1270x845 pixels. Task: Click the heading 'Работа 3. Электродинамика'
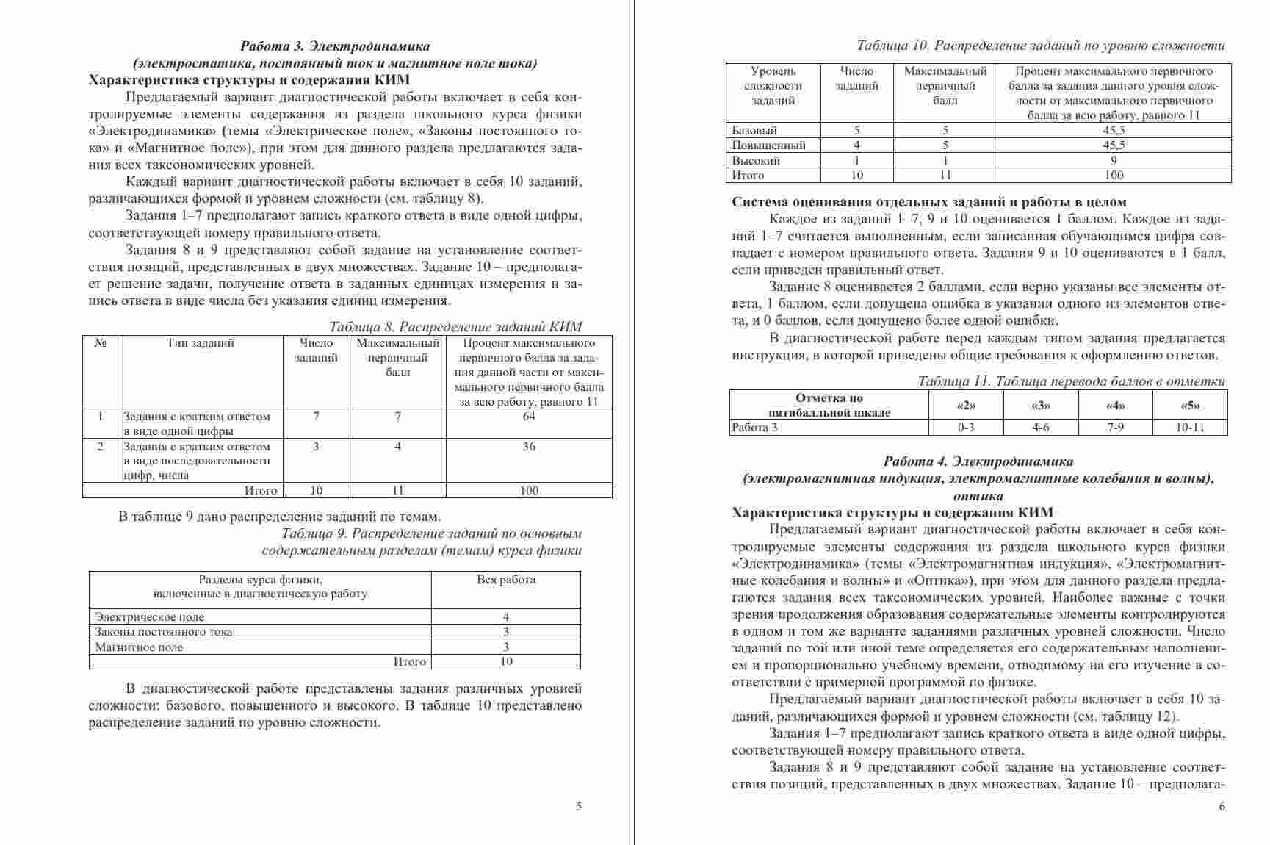pos(335,46)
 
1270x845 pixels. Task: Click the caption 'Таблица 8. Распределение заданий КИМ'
pos(455,327)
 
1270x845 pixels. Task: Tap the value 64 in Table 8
pos(529,417)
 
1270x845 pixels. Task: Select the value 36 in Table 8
pos(529,447)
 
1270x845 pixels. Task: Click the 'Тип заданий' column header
pos(201,343)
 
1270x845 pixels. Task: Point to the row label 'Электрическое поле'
pos(150,617)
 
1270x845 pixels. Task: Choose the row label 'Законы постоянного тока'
pos(164,632)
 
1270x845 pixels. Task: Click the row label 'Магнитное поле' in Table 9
pos(140,647)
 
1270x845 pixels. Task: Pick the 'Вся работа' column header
pos(505,580)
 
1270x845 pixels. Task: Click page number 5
pos(579,806)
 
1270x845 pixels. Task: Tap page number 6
pos(1222,806)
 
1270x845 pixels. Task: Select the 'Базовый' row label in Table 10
pos(754,130)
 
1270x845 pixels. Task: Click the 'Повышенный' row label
pos(768,145)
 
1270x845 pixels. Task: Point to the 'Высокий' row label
pos(756,160)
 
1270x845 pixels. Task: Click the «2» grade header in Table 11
pos(966,405)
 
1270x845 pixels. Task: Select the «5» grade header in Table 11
pos(1190,405)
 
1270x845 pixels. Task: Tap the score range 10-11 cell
pos(1190,428)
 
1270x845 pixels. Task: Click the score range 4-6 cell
pos(1041,428)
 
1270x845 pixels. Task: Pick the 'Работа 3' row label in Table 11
pos(755,428)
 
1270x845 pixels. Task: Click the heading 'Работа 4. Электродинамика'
pos(978,461)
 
